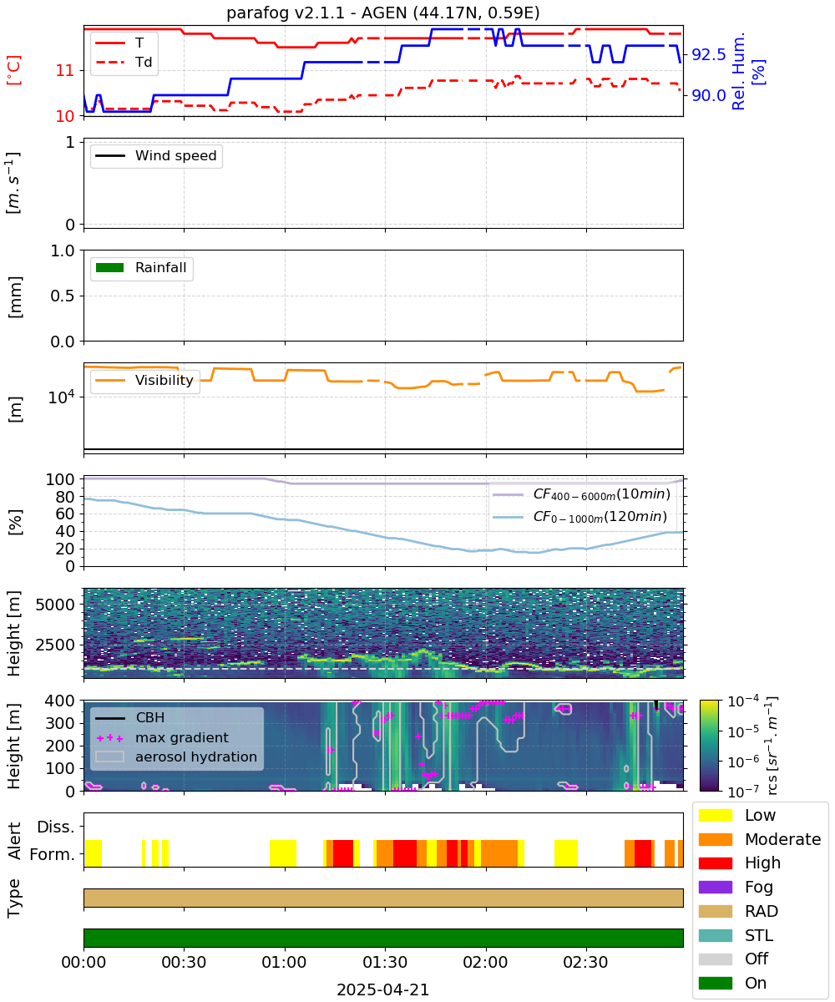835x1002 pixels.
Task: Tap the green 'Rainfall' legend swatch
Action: pos(110,267)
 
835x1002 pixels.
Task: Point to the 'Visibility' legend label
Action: pos(164,380)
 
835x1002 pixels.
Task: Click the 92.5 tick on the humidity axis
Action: pos(709,55)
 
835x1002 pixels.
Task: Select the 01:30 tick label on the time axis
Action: pos(385,962)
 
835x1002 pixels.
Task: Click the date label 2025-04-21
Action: pos(383,989)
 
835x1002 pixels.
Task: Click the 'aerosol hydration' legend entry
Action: pos(176,757)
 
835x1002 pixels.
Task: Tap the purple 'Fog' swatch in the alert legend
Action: pos(715,887)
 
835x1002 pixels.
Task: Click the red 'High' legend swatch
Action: pos(715,863)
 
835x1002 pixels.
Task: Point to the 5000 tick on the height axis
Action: pos(55,605)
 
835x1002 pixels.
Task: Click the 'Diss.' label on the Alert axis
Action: pos(56,827)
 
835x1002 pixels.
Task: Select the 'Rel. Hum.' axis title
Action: pos(738,71)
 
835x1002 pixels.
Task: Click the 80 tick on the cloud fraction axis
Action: pos(65,497)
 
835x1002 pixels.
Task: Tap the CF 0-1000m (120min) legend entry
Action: pos(579,517)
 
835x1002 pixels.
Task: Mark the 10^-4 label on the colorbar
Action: pos(743,701)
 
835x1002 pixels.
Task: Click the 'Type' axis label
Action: pos(14,898)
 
